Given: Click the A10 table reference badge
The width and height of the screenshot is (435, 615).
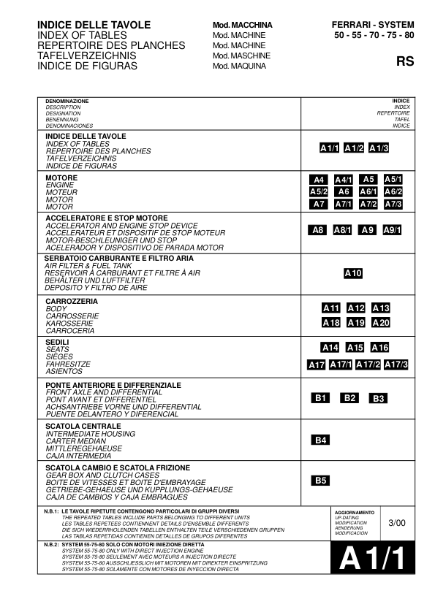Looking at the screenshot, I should [353, 274].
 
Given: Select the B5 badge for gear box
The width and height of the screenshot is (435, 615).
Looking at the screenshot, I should [320, 481].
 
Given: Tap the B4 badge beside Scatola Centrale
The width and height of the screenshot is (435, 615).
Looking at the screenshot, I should [320, 440].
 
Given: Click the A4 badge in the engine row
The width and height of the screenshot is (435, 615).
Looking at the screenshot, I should [318, 180].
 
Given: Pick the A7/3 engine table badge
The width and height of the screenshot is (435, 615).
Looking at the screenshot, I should [393, 204].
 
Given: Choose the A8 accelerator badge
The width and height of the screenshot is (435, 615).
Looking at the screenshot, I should [317, 231].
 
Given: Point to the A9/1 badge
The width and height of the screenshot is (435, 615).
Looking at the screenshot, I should [393, 231].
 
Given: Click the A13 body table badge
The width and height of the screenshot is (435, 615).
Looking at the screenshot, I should [381, 308].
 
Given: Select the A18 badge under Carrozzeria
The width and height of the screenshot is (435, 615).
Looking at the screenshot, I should [331, 323].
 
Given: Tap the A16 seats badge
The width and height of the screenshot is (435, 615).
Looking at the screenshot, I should [379, 348].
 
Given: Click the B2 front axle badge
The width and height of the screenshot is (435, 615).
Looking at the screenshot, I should [349, 398].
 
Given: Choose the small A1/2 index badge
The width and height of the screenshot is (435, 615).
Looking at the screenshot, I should [355, 148].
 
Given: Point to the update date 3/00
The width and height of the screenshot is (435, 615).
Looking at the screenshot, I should [396, 522].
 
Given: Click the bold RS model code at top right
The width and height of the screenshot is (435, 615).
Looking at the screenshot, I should [405, 61].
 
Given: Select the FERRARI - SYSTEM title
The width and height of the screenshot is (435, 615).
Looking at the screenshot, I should [373, 25].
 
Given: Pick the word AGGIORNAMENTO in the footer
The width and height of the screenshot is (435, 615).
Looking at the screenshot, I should [355, 513].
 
